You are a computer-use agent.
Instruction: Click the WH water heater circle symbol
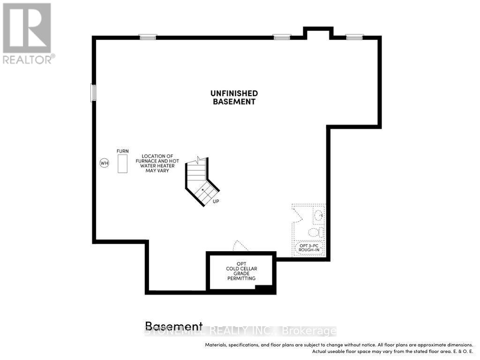pyautogui.click(x=104, y=163)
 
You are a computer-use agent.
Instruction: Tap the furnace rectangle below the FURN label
pyautogui.click(x=122, y=164)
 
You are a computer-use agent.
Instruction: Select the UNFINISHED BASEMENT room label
pyautogui.click(x=234, y=97)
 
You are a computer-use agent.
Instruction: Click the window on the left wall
pyautogui.click(x=93, y=93)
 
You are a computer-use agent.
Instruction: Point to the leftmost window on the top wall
pyautogui.click(x=148, y=37)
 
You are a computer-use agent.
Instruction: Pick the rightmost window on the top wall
pyautogui.click(x=354, y=37)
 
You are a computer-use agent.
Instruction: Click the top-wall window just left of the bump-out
pyautogui.click(x=282, y=37)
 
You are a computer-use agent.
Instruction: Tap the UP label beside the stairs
pyautogui.click(x=216, y=202)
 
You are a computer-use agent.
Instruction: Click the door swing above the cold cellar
pyautogui.click(x=240, y=246)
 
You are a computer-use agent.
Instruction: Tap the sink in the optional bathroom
pyautogui.click(x=319, y=215)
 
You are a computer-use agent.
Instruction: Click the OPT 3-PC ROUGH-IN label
pyautogui.click(x=309, y=247)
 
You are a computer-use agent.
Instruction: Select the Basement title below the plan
pyautogui.click(x=174, y=326)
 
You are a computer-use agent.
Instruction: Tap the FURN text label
pyautogui.click(x=122, y=151)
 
